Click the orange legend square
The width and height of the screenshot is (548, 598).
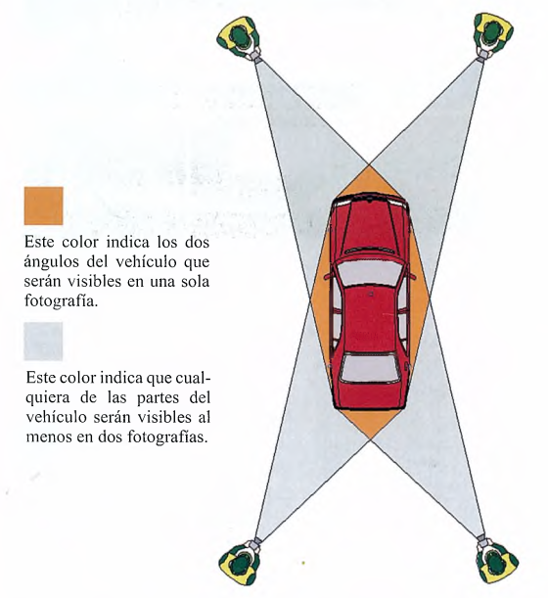tap(43, 206)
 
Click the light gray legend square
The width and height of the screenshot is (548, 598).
tap(43, 342)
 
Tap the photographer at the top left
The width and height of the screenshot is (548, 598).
tap(240, 38)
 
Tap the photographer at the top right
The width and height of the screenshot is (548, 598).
tap(492, 35)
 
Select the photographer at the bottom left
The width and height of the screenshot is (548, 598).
tap(241, 561)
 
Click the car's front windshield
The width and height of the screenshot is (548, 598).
tap(369, 271)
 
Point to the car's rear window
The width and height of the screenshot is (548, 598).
tap(369, 368)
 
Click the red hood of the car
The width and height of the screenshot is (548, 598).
tap(369, 225)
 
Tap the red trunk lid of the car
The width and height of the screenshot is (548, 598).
tap(369, 394)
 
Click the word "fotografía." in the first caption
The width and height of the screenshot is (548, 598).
tap(61, 300)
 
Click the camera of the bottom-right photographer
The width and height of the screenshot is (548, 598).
tap(481, 538)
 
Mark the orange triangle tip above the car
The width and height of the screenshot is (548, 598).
tap(369, 165)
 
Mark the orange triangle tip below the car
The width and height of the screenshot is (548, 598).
tap(369, 439)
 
